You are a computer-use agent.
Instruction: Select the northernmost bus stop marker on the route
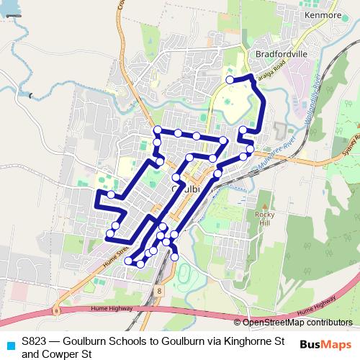coord(230,80)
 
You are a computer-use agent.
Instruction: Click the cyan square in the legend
coord(10,344)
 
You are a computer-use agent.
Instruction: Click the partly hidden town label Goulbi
coord(186,188)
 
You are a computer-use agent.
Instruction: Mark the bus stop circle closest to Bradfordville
coord(230,80)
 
